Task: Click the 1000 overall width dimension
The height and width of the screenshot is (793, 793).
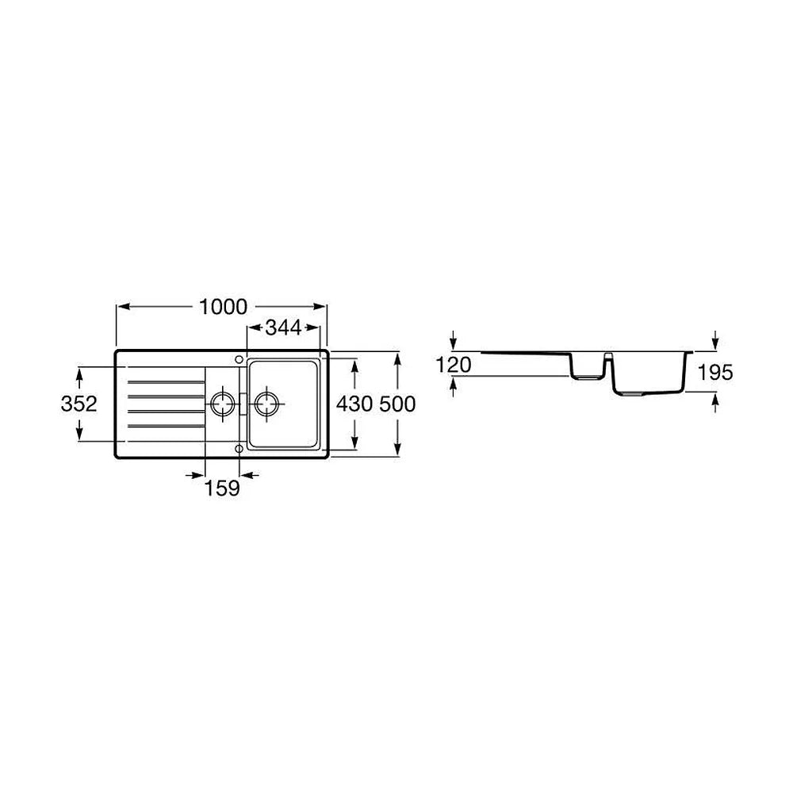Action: (x=223, y=307)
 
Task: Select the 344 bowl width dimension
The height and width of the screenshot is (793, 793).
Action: (x=283, y=328)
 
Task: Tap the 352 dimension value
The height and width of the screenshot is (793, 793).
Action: (x=79, y=404)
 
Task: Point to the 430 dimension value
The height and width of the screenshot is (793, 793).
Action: (x=354, y=404)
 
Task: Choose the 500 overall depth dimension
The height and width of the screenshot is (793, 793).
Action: (x=397, y=404)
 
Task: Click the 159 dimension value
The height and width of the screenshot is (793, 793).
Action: (x=222, y=488)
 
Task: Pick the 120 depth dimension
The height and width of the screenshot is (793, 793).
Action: (x=454, y=365)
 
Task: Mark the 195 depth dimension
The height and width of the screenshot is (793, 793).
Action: (x=715, y=373)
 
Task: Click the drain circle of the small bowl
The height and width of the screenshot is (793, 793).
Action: (x=222, y=404)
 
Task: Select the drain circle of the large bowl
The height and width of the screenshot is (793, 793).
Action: (x=267, y=404)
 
